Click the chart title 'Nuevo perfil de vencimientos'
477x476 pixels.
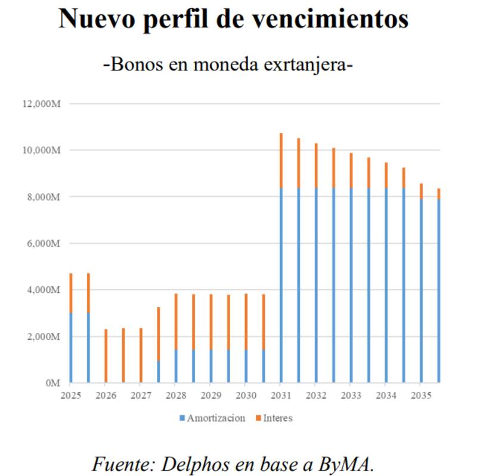pos(233,20)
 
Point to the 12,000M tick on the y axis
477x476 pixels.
pos(42,104)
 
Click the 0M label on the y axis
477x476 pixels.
pos(53,383)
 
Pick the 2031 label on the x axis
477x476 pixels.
pos(280,395)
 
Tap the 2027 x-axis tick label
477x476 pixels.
pos(140,395)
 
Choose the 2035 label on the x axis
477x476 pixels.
pos(420,395)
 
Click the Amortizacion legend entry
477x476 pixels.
pos(215,418)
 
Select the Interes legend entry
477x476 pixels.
pos(276,418)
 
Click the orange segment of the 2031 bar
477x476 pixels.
pos(281,161)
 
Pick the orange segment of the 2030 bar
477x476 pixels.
pos(246,322)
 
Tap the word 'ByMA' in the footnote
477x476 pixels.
pos(348,464)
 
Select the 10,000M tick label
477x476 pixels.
pos(42,150)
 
